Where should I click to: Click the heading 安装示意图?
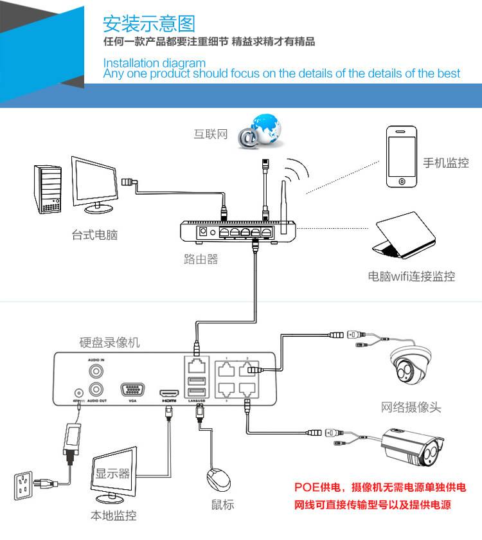pyautogui.click(x=148, y=23)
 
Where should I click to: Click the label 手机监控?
pyautogui.click(x=445, y=163)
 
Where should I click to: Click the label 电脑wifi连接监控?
pyautogui.click(x=411, y=276)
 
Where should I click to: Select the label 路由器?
pyautogui.click(x=201, y=259)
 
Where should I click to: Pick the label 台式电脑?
pyautogui.click(x=94, y=235)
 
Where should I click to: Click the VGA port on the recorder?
pyautogui.click(x=132, y=390)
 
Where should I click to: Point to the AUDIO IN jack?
pyautogui.click(x=96, y=371)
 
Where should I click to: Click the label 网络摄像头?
pyautogui.click(x=411, y=407)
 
